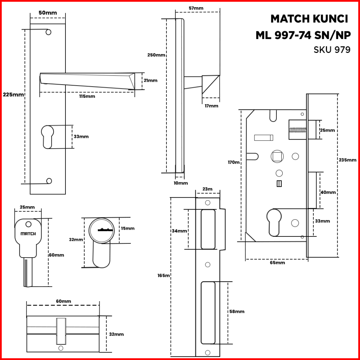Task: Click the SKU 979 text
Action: coord(332,49)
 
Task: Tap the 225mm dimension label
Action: coord(13,95)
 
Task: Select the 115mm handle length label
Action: coord(87,96)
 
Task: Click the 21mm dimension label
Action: coord(150,80)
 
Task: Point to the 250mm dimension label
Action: coord(156,55)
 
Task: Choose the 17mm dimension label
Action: coord(211,106)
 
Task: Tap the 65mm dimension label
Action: coord(277,263)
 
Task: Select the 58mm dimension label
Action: coord(237,311)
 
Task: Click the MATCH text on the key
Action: coord(28,234)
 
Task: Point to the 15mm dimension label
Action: coord(127,228)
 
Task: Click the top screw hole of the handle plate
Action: coord(48,32)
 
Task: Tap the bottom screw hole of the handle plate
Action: coord(49,181)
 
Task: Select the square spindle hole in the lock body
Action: coord(277,156)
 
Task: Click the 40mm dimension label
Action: coord(328,192)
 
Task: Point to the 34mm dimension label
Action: coord(179,231)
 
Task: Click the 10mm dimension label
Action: coord(181,183)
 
